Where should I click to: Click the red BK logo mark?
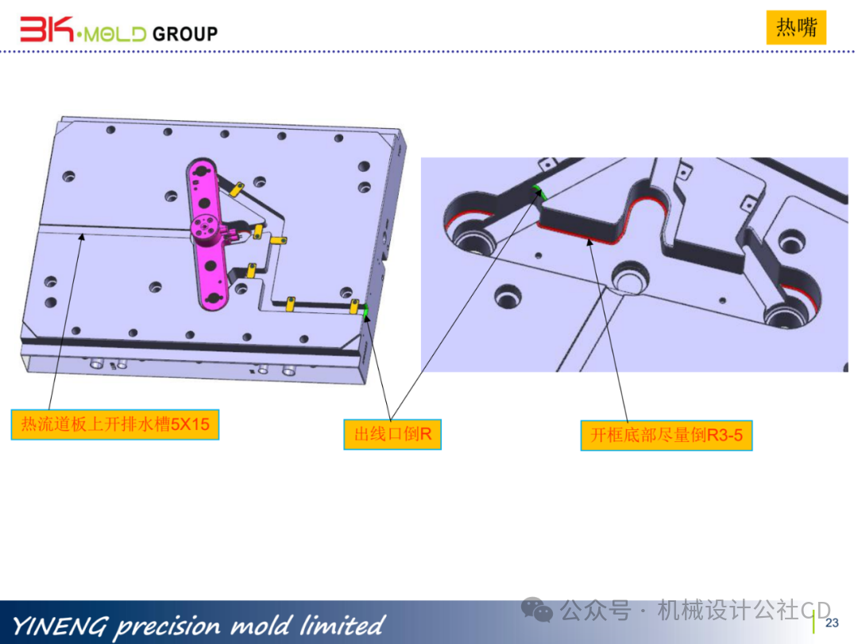point(47,29)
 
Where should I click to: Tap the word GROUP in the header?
point(185,34)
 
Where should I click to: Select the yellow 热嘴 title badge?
point(796,27)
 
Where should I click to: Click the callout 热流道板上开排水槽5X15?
point(115,425)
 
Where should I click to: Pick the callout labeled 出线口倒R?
point(392,434)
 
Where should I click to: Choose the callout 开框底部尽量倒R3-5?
point(667,436)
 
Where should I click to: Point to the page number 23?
point(832,623)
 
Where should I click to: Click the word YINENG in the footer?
point(60,626)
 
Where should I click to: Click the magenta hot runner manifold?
point(207,234)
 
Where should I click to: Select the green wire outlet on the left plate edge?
point(365,311)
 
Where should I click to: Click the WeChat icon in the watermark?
point(537,610)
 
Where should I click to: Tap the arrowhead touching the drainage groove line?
point(82,237)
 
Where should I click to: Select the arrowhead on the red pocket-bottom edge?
point(589,242)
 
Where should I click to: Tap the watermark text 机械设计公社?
point(729,610)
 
